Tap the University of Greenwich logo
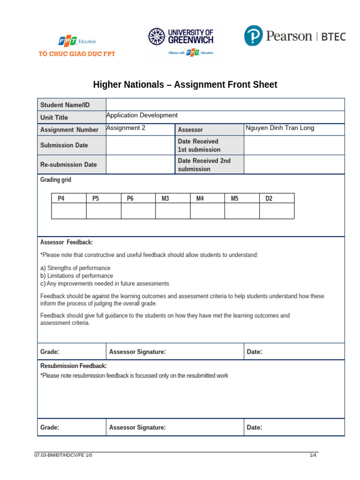181,41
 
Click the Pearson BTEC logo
295,36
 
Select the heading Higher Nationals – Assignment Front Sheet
185,85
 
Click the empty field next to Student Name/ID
225,105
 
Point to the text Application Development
142,115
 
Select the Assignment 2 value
126,128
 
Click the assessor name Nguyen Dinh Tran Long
280,128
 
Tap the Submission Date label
64,145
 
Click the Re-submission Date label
69,165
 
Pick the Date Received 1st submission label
199,145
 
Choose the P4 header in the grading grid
61,198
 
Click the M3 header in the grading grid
165,198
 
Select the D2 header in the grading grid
269,198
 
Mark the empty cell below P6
138,211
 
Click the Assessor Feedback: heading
67,242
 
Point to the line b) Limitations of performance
76,276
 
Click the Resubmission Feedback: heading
74,366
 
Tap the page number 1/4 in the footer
313,455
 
